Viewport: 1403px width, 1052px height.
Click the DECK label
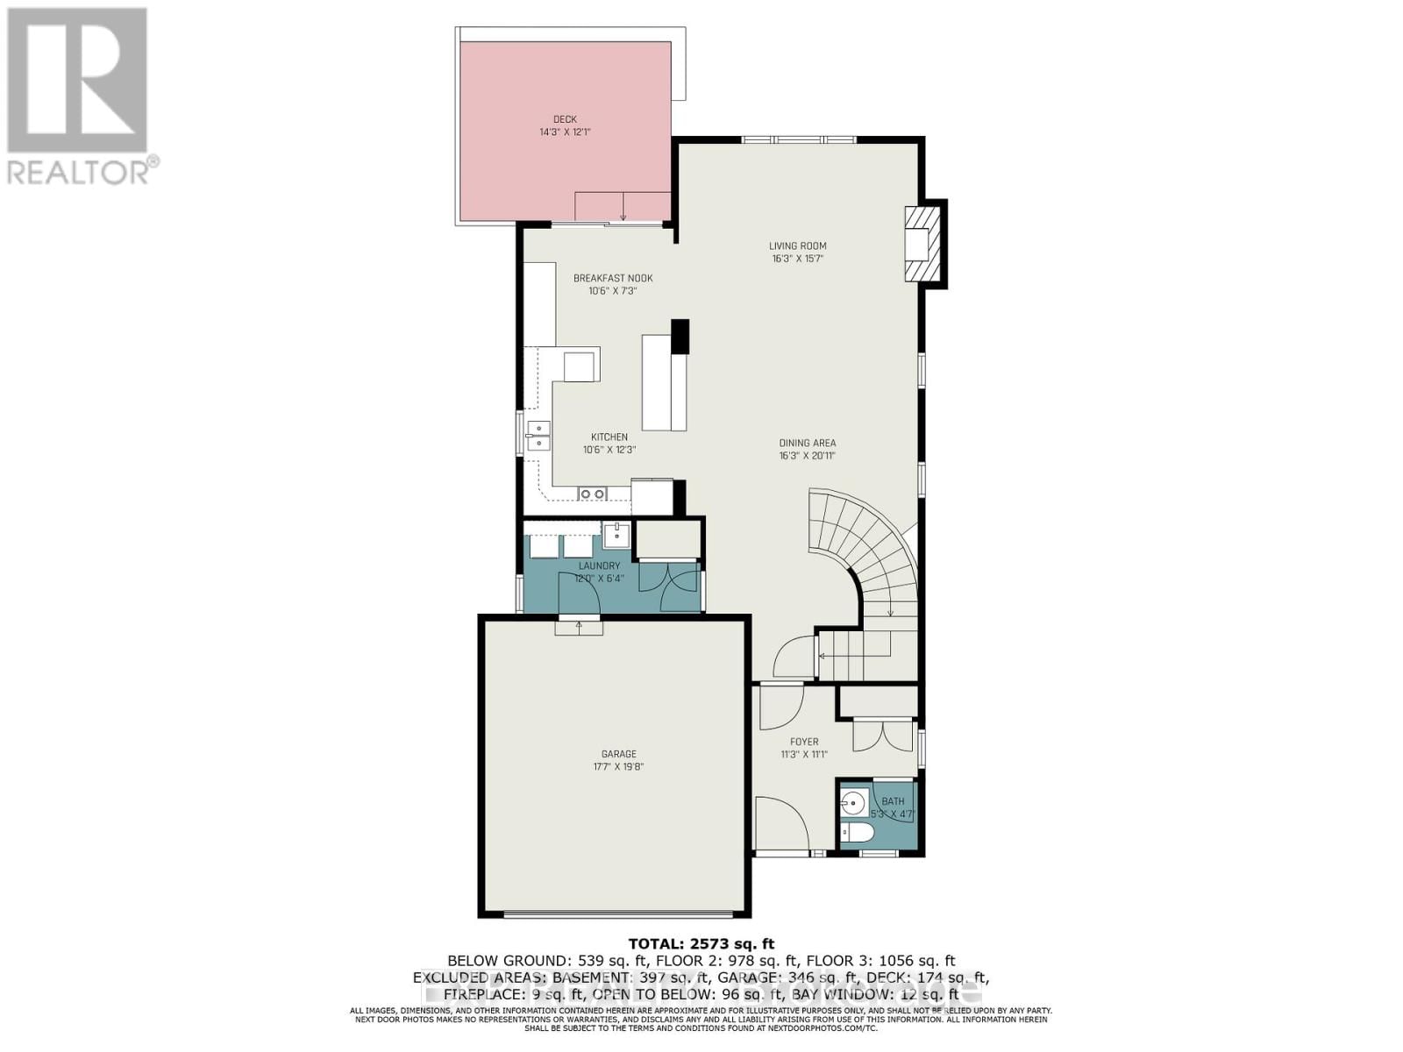click(x=565, y=119)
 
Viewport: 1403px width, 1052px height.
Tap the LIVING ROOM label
click(x=798, y=246)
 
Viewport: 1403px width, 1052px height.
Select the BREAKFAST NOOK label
click(x=613, y=279)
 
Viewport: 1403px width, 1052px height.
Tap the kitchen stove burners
click(x=592, y=494)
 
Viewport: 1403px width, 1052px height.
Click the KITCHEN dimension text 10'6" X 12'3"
click(x=609, y=450)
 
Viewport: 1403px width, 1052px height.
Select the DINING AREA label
click(x=807, y=444)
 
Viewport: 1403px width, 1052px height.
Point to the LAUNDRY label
click(x=599, y=566)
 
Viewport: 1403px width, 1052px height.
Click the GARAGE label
click(x=619, y=754)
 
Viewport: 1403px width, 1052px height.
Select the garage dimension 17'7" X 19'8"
click(x=619, y=766)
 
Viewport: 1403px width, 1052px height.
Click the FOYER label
click(x=804, y=742)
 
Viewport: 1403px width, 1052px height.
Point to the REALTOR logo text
click(x=83, y=171)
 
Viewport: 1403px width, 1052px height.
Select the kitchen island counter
click(x=664, y=383)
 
